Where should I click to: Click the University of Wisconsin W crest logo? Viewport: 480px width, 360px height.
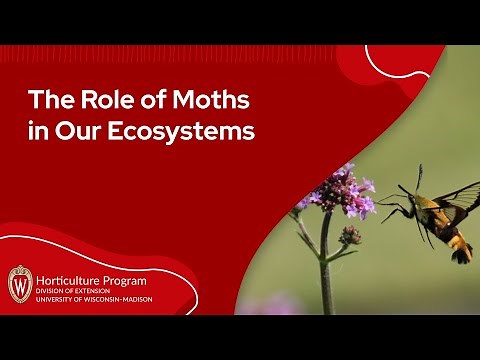tap(20, 282)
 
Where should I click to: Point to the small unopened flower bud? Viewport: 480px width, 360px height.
tap(351, 236)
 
